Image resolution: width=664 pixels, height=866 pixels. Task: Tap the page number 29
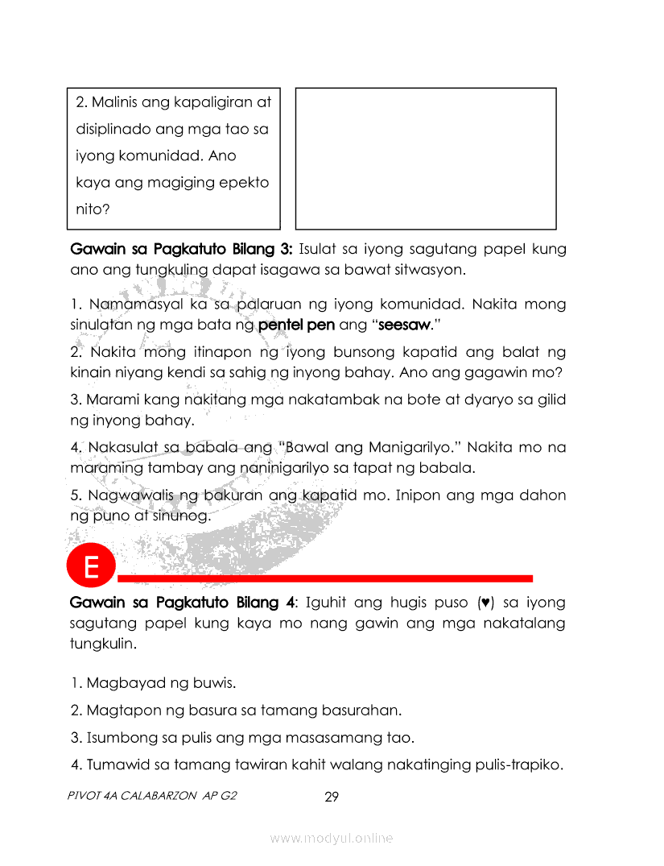click(x=331, y=798)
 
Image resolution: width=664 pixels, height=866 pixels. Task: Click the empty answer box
click(x=426, y=159)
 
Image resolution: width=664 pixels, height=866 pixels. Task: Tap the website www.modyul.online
click(x=332, y=838)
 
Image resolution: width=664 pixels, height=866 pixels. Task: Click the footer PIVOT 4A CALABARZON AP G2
click(x=154, y=797)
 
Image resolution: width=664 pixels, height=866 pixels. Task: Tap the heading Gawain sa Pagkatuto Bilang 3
click(x=181, y=249)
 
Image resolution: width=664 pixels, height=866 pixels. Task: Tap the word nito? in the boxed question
click(x=93, y=209)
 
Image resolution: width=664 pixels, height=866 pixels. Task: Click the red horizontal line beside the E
click(x=325, y=578)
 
